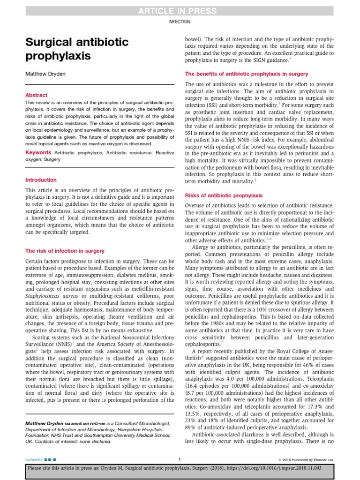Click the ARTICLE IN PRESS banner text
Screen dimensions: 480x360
(180, 11)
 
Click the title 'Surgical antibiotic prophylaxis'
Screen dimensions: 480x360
(76, 49)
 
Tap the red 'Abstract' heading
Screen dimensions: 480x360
(36, 95)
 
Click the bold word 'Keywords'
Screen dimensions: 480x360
(38, 152)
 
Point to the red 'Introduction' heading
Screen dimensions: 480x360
(41, 180)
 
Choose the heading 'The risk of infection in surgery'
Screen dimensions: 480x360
(65, 251)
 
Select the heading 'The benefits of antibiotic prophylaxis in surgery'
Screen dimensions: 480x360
(247, 74)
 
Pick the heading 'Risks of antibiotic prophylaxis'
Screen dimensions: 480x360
(224, 195)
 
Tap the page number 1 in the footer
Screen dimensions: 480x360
(180, 459)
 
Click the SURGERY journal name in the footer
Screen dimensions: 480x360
(34, 460)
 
